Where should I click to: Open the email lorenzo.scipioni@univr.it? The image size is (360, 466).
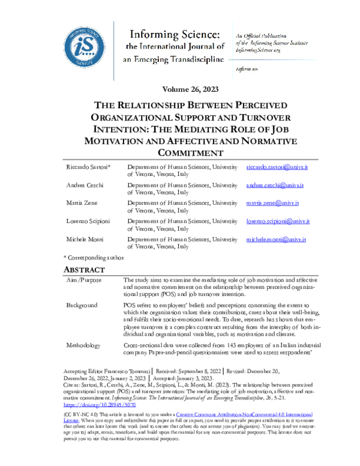(x=278, y=222)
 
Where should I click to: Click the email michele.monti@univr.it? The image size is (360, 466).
(x=277, y=240)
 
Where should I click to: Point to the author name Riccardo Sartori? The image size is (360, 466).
(x=85, y=166)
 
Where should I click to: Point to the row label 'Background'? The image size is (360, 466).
(x=81, y=305)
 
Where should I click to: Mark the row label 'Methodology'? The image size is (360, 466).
(x=83, y=346)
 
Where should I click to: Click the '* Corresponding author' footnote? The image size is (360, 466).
(x=93, y=256)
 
